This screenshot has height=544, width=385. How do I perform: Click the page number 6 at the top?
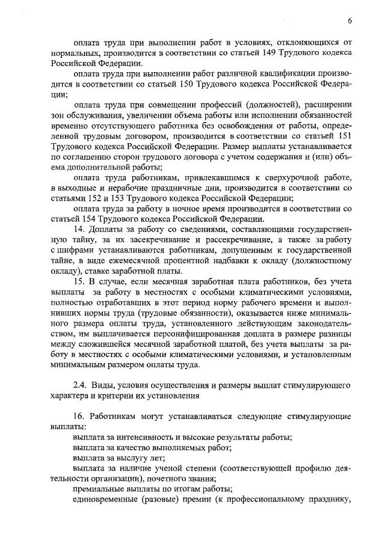(350, 22)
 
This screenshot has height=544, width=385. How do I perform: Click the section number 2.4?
(81, 385)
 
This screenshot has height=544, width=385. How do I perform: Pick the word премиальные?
(99, 489)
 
